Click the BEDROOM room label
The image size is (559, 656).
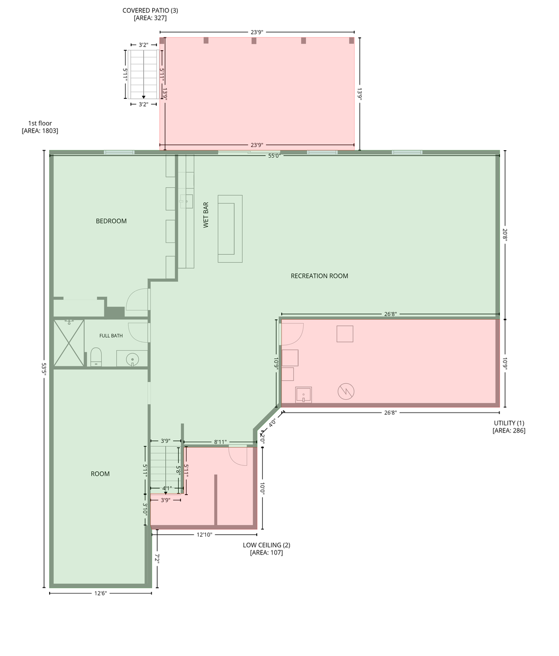111,221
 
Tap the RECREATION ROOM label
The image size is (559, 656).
320,276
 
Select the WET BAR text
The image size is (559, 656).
206,215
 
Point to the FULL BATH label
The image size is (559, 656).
111,336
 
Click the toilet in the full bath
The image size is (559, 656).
96,357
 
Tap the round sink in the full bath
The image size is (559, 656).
132,360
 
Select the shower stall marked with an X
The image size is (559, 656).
69,343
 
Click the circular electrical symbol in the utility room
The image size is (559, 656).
346,391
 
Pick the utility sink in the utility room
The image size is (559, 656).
303,395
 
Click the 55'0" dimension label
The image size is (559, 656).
275,156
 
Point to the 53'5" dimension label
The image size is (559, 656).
44,369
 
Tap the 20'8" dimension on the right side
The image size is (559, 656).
505,235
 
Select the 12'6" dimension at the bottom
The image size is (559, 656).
100,593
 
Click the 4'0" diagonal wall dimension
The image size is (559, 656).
272,423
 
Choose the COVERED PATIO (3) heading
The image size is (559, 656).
150,10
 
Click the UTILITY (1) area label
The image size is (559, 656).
509,423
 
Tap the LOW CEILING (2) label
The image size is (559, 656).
266,545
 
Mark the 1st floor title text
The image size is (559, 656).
40,123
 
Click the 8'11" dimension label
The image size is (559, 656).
220,442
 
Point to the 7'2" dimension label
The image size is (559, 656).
157,558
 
